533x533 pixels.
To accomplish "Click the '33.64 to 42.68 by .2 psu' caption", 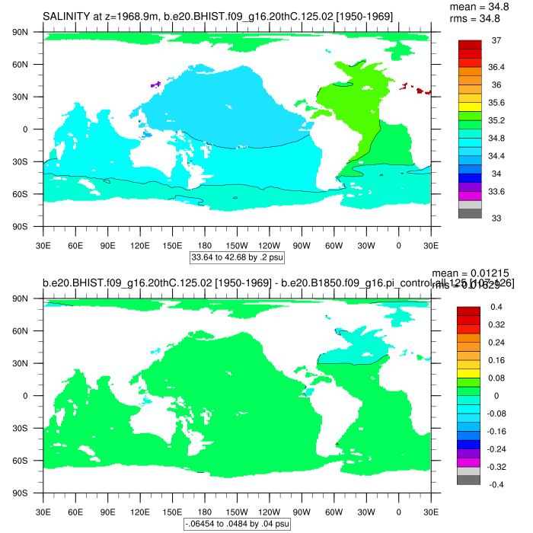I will (237, 257).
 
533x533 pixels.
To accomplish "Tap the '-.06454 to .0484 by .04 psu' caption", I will (237, 524).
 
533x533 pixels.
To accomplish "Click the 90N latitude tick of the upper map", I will (30, 32).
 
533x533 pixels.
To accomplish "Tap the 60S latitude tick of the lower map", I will (30, 461).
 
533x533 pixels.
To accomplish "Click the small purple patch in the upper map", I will (156, 85).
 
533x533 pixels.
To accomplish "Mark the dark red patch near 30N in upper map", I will (421, 91).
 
